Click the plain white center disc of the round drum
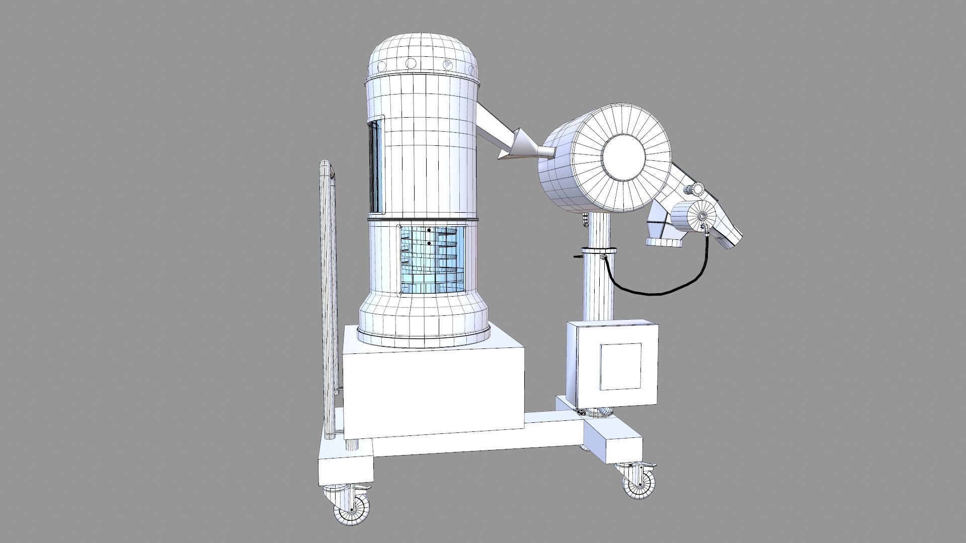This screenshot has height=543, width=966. (x=623, y=158)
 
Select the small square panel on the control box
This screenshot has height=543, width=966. (x=621, y=367)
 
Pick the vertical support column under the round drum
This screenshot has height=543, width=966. (x=599, y=287)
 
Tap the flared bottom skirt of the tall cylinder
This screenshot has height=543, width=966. (x=424, y=322)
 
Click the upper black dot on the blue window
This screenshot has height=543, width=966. (x=428, y=230)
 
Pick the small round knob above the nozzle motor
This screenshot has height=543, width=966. (x=697, y=189)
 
